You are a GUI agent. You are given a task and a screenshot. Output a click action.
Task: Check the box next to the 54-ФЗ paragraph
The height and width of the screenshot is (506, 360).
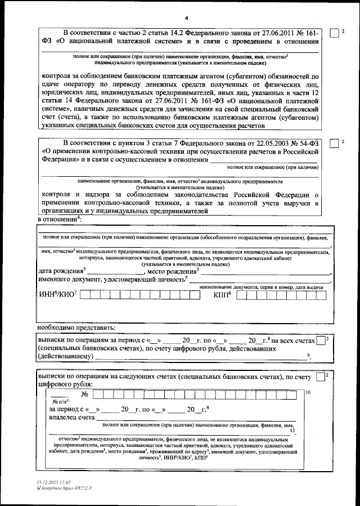coord(334,143)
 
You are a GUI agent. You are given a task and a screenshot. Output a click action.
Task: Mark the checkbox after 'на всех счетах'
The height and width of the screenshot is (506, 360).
coord(321,341)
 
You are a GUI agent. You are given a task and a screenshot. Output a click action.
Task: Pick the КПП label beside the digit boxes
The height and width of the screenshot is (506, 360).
coord(222,295)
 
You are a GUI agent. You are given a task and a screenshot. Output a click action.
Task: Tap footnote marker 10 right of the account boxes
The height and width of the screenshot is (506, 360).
coord(307,392)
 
